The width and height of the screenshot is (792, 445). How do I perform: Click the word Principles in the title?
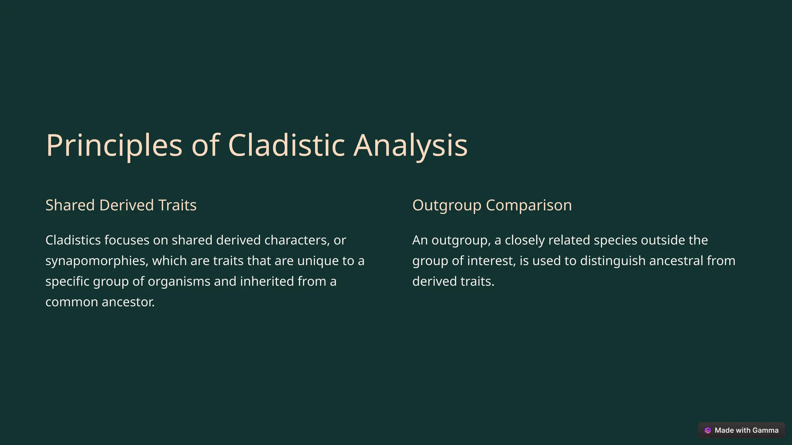coord(114,146)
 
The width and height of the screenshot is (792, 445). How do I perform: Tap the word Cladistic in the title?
coord(286,146)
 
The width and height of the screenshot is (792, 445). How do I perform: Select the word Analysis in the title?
coord(410,146)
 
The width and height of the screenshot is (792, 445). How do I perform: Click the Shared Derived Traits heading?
coord(121,205)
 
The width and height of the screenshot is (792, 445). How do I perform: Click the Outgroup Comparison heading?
coord(492,205)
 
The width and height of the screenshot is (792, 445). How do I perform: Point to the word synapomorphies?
coord(96,261)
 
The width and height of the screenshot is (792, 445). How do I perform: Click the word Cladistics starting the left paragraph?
coord(73,240)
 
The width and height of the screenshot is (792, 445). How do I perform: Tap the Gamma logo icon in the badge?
coord(708,430)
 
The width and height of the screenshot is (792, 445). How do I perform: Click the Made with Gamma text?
coord(746,430)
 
